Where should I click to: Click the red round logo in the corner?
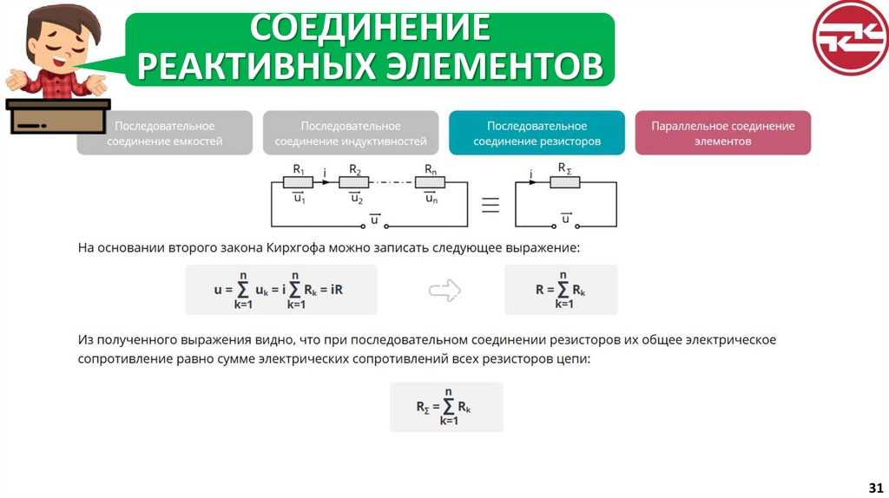pyautogui.click(x=850, y=37)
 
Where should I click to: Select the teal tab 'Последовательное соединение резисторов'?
pyautogui.click(x=537, y=133)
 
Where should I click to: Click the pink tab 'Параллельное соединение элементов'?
pyautogui.click(x=723, y=133)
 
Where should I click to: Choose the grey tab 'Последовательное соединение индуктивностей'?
pyautogui.click(x=351, y=133)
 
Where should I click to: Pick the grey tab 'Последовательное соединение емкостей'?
pyautogui.click(x=164, y=133)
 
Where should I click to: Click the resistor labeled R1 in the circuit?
pyautogui.click(x=299, y=182)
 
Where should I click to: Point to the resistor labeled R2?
pyautogui.click(x=353, y=182)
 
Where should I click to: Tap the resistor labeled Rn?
pyautogui.click(x=430, y=182)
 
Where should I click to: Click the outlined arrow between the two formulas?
pyautogui.click(x=443, y=290)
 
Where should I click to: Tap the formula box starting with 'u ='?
pyautogui.click(x=281, y=290)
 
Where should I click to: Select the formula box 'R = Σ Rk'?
pyautogui.click(x=561, y=290)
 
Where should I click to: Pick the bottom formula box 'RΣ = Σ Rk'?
pyautogui.click(x=446, y=407)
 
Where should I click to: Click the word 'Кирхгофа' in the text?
pyautogui.click(x=299, y=248)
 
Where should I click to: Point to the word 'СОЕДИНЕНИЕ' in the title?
pyautogui.click(x=370, y=28)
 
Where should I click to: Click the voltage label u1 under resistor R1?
pyautogui.click(x=299, y=199)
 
